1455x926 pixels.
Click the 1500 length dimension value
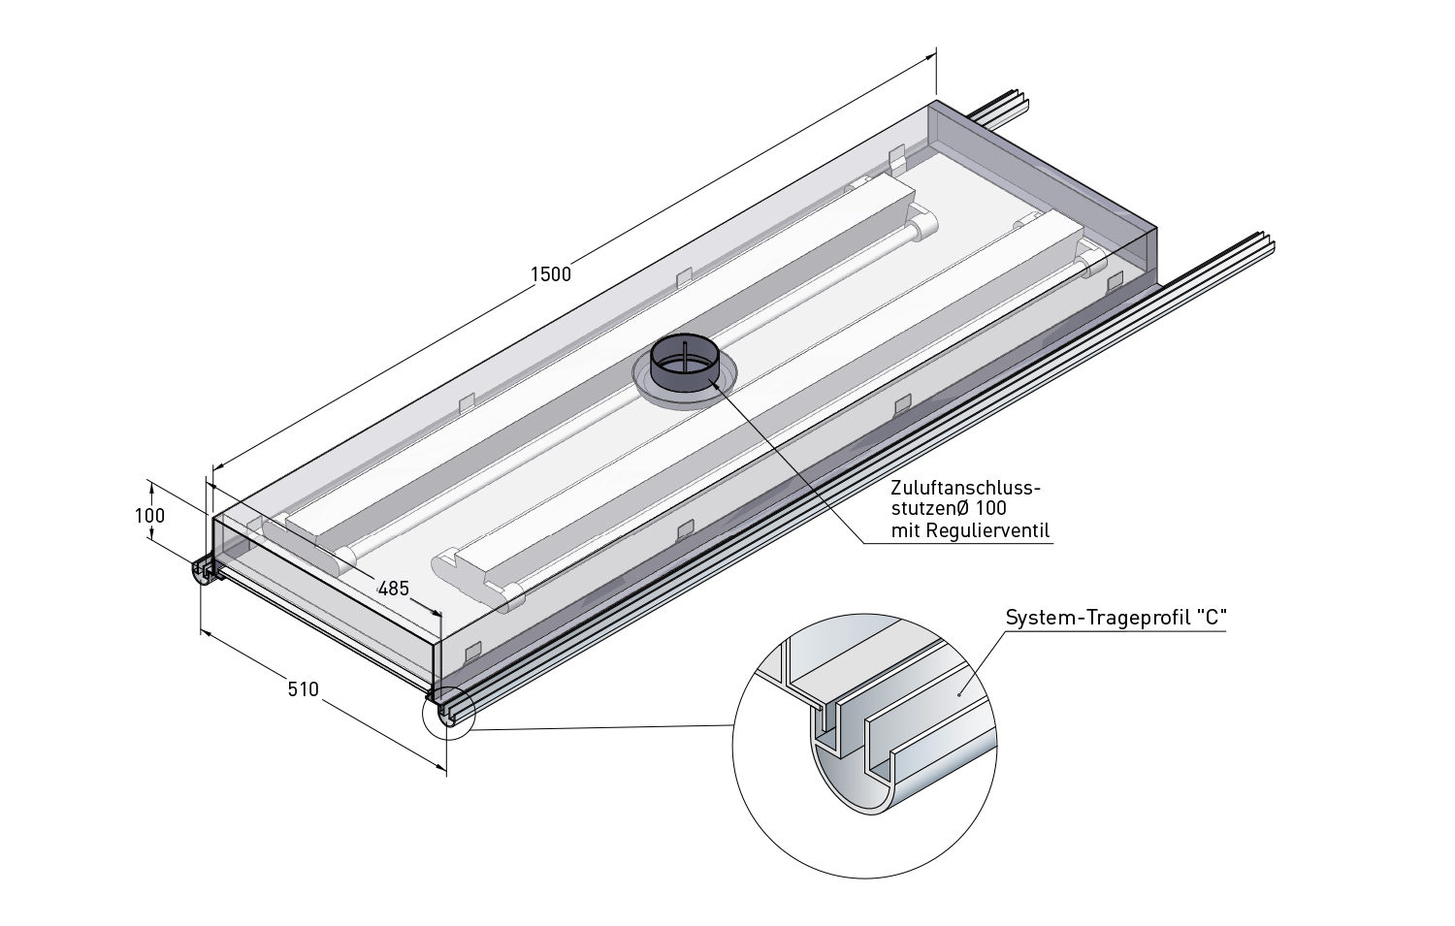click(551, 274)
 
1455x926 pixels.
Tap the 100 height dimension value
click(149, 516)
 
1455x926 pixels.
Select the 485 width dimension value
click(393, 588)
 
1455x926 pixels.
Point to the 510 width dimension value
click(303, 689)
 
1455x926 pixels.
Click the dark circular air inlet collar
click(684, 366)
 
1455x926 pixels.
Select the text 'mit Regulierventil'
click(970, 530)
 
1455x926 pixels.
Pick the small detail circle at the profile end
click(448, 713)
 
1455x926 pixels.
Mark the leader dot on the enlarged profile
click(959, 693)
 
